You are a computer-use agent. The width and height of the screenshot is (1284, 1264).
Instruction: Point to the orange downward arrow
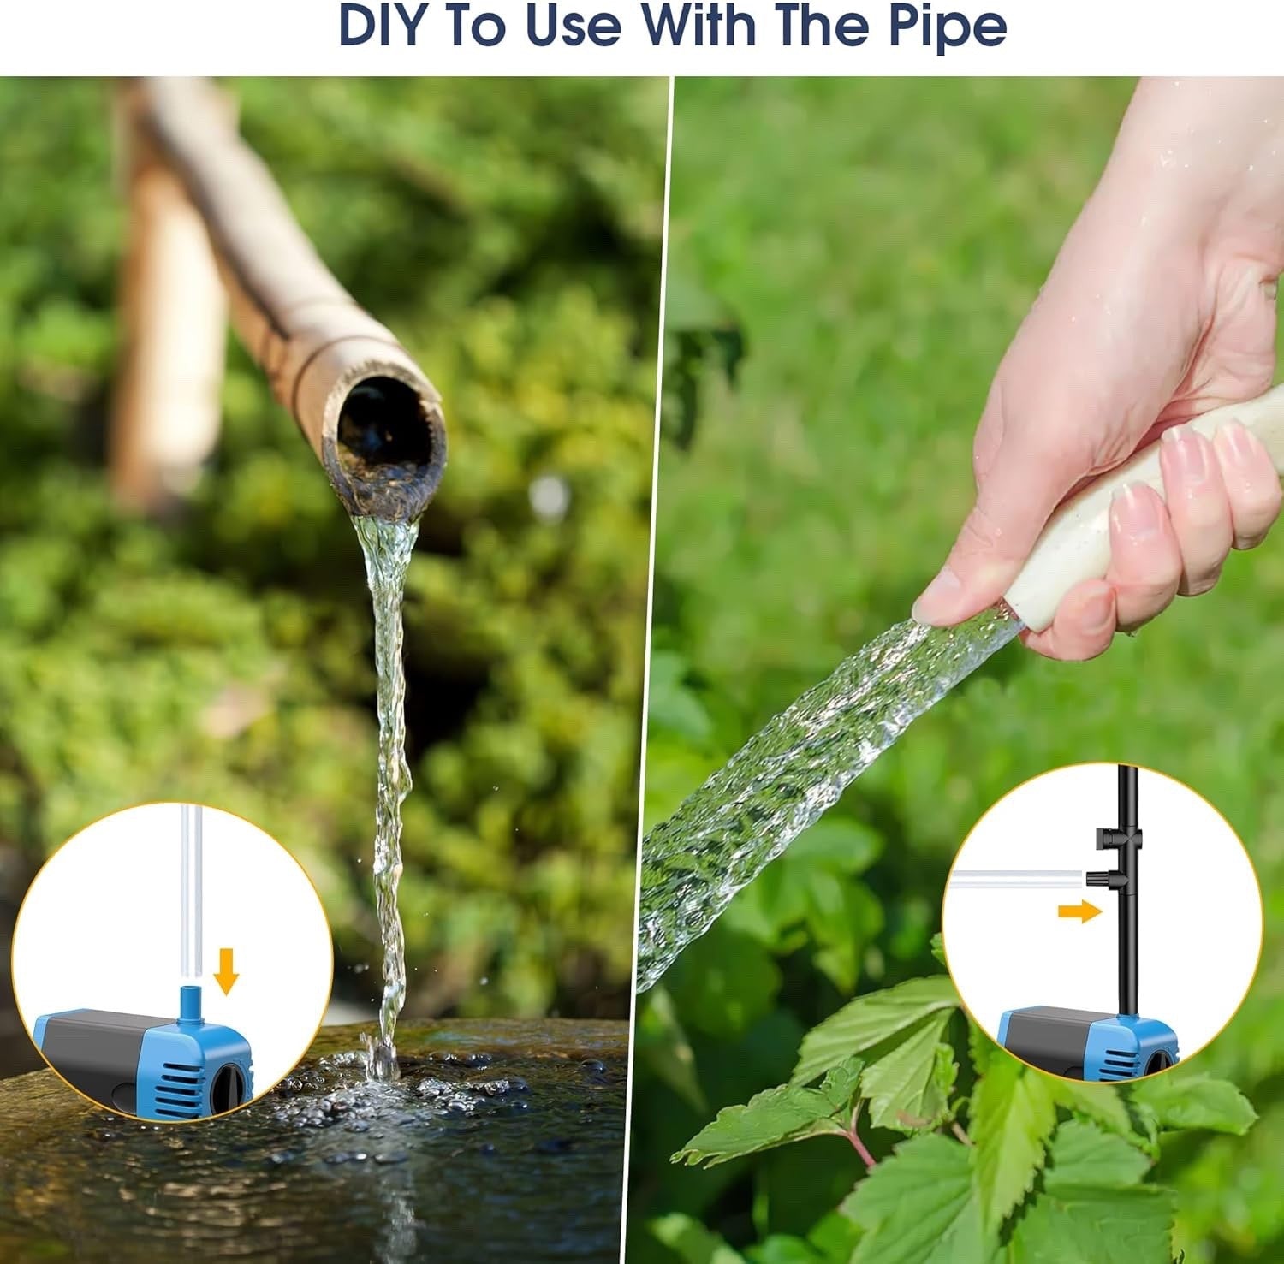(x=225, y=970)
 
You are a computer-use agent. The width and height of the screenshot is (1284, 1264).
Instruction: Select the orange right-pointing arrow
(x=1079, y=911)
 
